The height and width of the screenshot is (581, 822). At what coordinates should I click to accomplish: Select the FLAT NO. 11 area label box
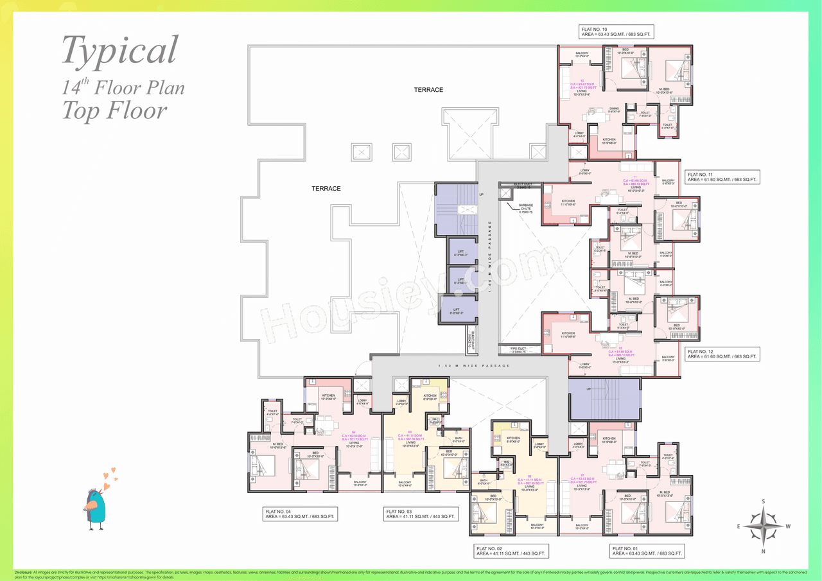pyautogui.click(x=722, y=177)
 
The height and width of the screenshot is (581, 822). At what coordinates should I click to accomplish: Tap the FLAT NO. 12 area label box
pyautogui.click(x=722, y=355)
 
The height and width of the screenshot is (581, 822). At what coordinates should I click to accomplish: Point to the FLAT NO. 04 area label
pyautogui.click(x=300, y=514)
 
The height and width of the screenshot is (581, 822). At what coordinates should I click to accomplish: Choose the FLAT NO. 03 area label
pyautogui.click(x=420, y=514)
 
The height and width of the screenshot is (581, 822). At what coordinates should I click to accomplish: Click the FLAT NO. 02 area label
pyautogui.click(x=511, y=550)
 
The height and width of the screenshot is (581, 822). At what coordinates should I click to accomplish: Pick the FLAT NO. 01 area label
pyautogui.click(x=647, y=550)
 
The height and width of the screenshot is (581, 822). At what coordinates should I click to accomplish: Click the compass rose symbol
pyautogui.click(x=763, y=525)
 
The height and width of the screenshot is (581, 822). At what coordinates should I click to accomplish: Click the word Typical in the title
pyautogui.click(x=119, y=49)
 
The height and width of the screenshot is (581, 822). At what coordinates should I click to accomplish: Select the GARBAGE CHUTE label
pyautogui.click(x=521, y=208)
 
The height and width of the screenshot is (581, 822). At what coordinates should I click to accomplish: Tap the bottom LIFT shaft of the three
pyautogui.click(x=458, y=309)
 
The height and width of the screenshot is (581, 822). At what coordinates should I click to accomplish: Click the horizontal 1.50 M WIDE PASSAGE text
pyautogui.click(x=473, y=366)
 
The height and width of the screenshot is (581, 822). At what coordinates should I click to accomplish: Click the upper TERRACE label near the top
pyautogui.click(x=428, y=90)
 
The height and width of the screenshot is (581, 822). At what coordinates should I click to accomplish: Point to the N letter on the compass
pyautogui.click(x=763, y=551)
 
